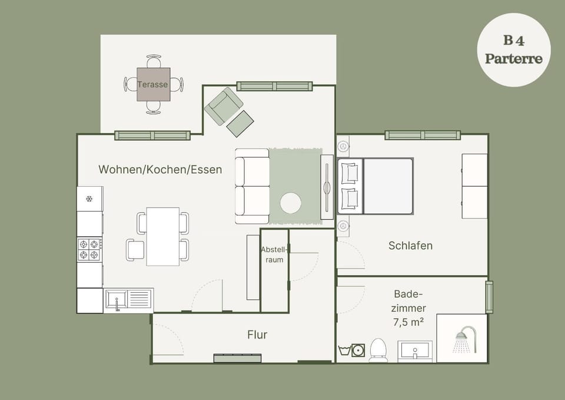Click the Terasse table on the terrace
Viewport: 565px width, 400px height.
click(153, 84)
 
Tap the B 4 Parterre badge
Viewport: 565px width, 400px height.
click(513, 49)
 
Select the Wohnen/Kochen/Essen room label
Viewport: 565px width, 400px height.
click(160, 170)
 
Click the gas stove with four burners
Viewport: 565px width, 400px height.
click(89, 249)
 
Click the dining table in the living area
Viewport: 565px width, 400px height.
click(163, 236)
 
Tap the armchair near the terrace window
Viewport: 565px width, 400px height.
click(223, 106)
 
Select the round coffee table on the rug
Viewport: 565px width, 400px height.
click(290, 203)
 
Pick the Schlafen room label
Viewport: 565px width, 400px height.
click(410, 246)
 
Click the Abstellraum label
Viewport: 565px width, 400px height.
click(274, 254)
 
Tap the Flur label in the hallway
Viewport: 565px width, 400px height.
click(257, 335)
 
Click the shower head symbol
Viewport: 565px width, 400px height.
click(465, 339)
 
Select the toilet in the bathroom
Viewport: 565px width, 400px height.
click(378, 350)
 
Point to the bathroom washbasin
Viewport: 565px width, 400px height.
click(415, 351)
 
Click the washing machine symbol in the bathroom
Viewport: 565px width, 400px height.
click(357, 351)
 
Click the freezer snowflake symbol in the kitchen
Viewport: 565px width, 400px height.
click(89, 199)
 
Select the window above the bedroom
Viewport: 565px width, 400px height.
click(423, 135)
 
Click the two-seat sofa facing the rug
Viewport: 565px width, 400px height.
click(252, 186)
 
